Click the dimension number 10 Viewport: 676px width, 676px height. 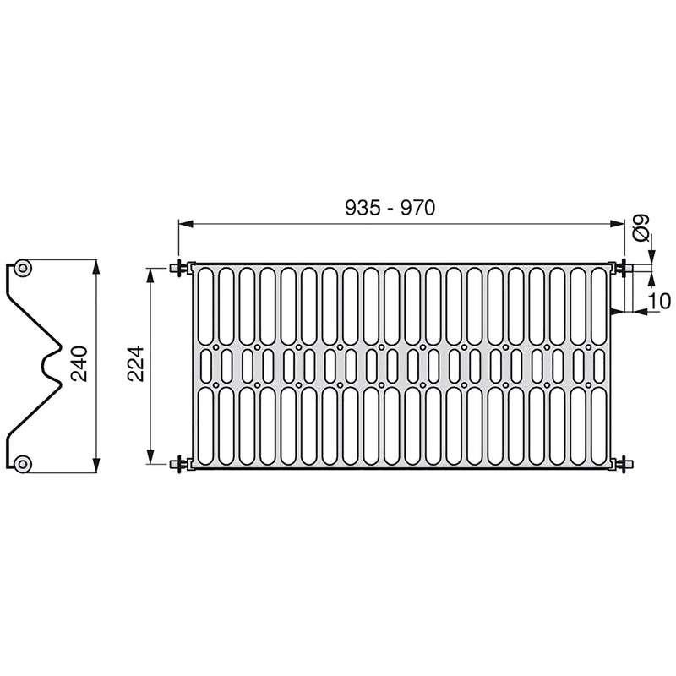tap(660, 300)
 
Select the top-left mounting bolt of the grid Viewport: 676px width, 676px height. tap(180, 268)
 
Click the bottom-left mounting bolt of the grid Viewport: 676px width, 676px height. tap(180, 462)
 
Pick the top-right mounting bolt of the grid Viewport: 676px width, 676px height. tap(624, 268)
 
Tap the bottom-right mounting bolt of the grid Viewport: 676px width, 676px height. tap(624, 462)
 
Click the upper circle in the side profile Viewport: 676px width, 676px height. tap(23, 269)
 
